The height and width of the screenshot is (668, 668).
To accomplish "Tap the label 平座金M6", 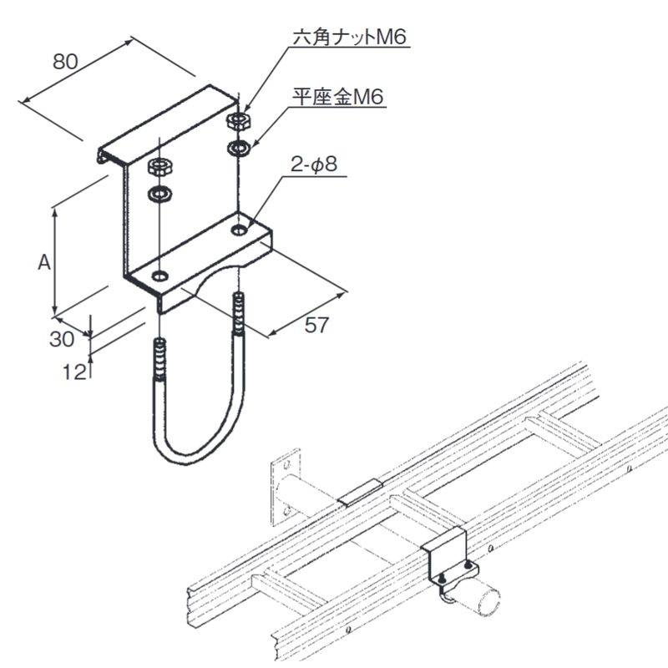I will point(337,98).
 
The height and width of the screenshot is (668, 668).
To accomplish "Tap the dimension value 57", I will point(315,326).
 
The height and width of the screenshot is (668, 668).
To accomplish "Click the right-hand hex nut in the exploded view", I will point(237,122).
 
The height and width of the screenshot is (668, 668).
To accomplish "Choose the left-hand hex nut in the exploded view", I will point(159,165).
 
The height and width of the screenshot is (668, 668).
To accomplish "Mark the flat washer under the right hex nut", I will point(239,149).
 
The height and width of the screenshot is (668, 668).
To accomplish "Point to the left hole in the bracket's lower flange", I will point(159,274).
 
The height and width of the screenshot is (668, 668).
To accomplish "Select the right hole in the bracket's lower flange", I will point(240,227).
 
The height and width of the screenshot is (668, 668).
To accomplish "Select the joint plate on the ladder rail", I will point(362,492).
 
